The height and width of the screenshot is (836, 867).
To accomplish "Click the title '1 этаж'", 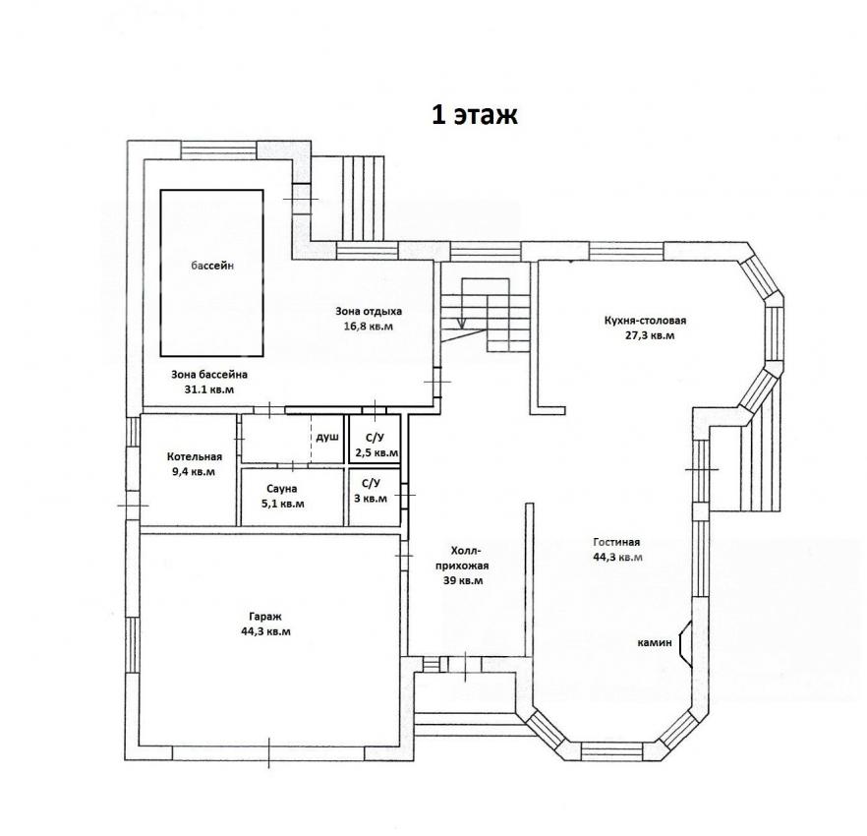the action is pos(474,115).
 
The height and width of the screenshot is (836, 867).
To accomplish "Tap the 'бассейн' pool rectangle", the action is pos(211,272).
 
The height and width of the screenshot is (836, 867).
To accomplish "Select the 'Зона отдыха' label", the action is pos(369,311).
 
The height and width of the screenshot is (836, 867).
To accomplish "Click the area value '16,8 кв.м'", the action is pos(369,326).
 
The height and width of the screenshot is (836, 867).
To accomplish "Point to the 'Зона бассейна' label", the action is pos(209,375).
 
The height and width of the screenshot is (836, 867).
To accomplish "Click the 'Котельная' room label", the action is pos(194,456).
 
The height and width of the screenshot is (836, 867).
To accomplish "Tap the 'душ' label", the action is pos(327,437).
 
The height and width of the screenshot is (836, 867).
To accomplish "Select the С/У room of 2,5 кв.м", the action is pos(375,439).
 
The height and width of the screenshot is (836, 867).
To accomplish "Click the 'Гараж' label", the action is pos(265,617).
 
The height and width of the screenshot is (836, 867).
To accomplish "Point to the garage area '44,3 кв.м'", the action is pos(265,631).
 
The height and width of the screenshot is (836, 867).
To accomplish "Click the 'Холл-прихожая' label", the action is pos(462,559).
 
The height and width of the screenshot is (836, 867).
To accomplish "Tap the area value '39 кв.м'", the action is pos(463,580).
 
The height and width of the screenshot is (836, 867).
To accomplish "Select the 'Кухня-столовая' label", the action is pos(645,321).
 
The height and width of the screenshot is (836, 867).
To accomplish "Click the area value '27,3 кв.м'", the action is pos(649,335).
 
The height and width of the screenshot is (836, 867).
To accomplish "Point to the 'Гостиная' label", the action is pos(616,542).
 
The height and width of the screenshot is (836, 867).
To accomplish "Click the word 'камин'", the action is pos(655,642).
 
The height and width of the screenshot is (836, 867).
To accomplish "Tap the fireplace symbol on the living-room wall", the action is pos(684,643).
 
